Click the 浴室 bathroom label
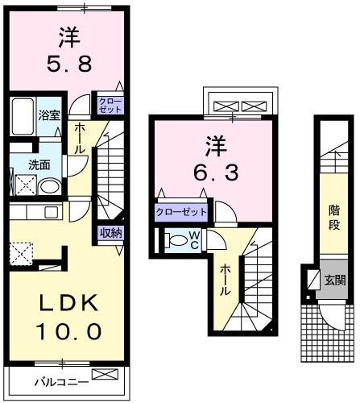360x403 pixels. (49, 115)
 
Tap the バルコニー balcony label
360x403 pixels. (56, 381)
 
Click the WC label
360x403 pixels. (195, 239)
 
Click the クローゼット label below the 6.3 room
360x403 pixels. (181, 212)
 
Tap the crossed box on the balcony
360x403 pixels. (104, 375)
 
